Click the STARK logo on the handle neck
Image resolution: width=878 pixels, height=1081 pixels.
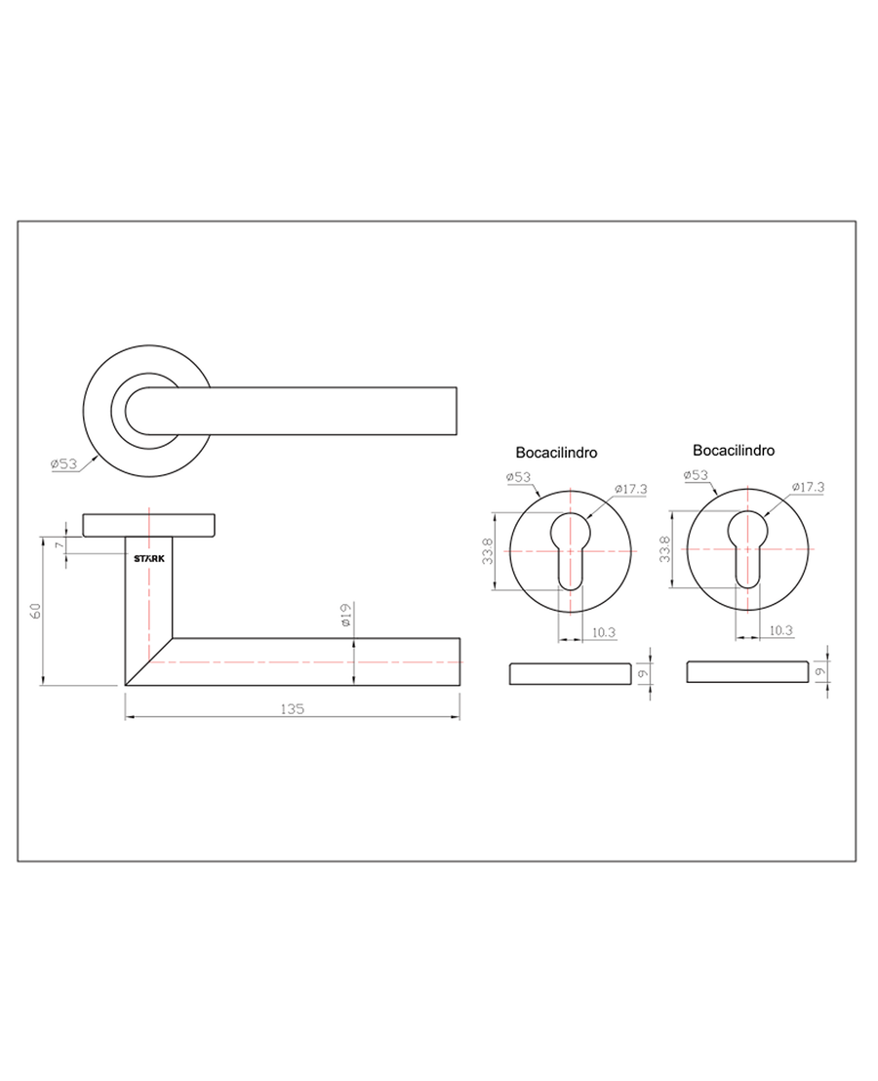149,558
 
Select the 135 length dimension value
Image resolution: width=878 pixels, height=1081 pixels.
293,708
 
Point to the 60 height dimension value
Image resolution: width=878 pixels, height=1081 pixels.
36,611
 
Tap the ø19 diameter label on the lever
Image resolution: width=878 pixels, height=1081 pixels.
346,615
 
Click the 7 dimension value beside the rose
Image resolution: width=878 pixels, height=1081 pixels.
60,545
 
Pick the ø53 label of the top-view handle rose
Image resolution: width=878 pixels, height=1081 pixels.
64,464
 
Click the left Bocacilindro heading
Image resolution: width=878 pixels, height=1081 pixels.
556,453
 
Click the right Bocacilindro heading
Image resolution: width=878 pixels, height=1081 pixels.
734,450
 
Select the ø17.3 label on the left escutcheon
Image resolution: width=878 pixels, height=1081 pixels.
631,489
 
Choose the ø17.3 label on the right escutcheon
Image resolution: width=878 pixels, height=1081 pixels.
809,487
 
